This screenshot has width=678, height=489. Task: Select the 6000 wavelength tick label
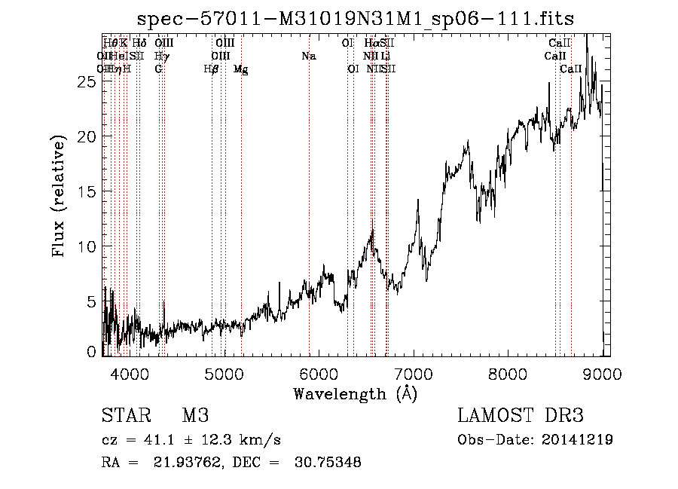(x=320, y=372)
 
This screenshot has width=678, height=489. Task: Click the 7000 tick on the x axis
(x=414, y=372)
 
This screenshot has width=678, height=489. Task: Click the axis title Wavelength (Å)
(x=355, y=393)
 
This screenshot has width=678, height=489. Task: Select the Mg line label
(x=240, y=69)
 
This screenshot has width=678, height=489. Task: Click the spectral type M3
(x=195, y=416)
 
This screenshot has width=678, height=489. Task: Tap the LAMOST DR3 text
(x=520, y=416)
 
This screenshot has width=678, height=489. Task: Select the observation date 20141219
(x=577, y=440)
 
